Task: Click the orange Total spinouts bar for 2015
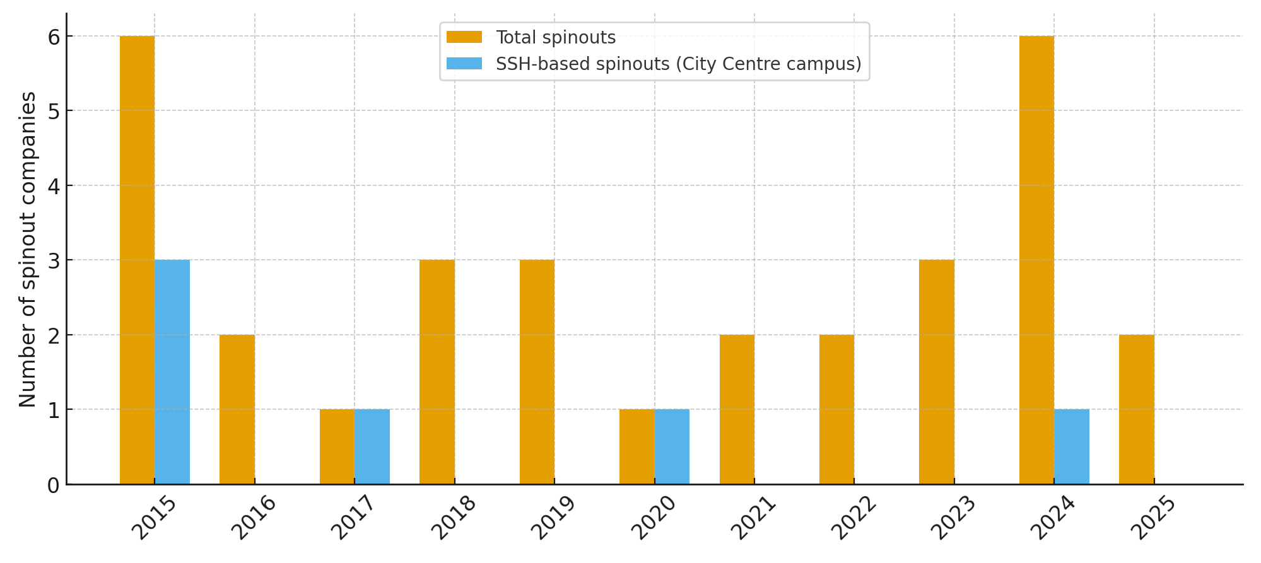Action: [x=137, y=260]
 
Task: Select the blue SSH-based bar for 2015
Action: [x=172, y=372]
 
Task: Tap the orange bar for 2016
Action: [x=237, y=409]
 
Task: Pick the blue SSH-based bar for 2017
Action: [x=372, y=446]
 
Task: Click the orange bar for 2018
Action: [x=437, y=372]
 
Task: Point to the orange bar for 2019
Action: [x=537, y=372]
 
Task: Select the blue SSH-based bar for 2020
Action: [x=672, y=446]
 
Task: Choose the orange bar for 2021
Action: [x=737, y=409]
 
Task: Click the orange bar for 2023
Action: [x=937, y=372]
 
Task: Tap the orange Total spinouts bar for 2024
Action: [x=1036, y=260]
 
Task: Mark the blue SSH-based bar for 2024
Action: [x=1072, y=446]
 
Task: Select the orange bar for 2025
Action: [x=1137, y=409]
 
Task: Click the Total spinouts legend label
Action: [x=556, y=38]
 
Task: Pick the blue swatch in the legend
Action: [x=464, y=64]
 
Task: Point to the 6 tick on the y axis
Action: [x=54, y=37]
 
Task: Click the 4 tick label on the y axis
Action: [x=54, y=186]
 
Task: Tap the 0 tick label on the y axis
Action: [x=54, y=485]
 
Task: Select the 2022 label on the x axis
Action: [x=854, y=518]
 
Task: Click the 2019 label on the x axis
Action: [x=554, y=518]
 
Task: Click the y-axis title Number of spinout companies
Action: [x=28, y=250]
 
